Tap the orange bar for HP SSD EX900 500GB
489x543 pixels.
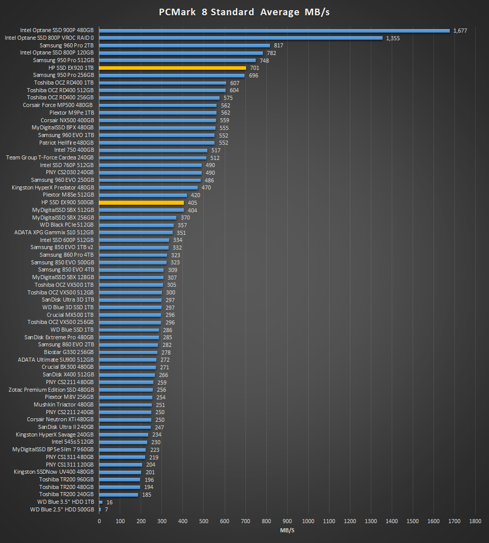click(x=142, y=203)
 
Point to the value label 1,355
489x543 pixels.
click(x=393, y=38)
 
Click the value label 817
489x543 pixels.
click(x=278, y=45)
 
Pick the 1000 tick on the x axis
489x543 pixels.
click(x=308, y=521)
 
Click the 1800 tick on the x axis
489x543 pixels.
click(x=475, y=521)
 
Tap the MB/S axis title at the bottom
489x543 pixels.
click(x=287, y=531)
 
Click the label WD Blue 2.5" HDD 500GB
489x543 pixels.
click(x=62, y=509)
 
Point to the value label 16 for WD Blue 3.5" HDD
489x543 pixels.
click(x=110, y=502)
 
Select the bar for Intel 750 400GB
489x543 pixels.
click(x=153, y=150)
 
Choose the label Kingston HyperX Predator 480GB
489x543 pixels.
click(x=52, y=187)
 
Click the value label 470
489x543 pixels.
click(x=206, y=187)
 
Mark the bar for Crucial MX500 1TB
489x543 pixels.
click(x=130, y=315)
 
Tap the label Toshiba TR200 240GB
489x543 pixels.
click(x=67, y=494)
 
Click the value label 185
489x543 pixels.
click(x=147, y=495)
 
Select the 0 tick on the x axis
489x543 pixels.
click(x=99, y=521)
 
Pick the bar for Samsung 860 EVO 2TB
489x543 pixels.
click(x=129, y=344)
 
